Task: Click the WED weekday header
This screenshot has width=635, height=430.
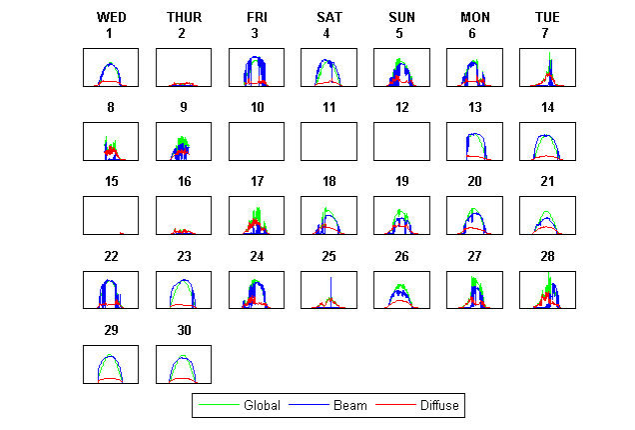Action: (x=111, y=17)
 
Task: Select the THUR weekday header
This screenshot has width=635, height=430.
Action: (x=184, y=17)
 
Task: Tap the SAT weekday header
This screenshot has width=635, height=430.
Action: (x=328, y=17)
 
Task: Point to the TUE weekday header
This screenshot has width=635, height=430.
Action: (x=546, y=17)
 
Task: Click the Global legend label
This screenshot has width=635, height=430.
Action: (x=262, y=405)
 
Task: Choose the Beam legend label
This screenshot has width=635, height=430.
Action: (x=350, y=405)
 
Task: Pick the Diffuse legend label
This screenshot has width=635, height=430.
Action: (x=440, y=405)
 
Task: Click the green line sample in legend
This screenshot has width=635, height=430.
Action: (x=219, y=405)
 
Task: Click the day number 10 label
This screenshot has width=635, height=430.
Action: (x=257, y=107)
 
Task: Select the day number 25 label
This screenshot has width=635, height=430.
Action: (x=329, y=255)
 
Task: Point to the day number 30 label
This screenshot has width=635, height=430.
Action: (x=184, y=330)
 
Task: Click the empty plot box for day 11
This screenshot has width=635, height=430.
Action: (x=328, y=141)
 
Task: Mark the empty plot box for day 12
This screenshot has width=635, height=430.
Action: (x=401, y=141)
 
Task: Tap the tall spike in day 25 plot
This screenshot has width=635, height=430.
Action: (x=329, y=285)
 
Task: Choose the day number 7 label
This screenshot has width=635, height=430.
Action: (x=546, y=33)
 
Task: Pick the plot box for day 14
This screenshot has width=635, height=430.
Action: (x=546, y=141)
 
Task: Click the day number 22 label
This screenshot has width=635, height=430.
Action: (x=111, y=255)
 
